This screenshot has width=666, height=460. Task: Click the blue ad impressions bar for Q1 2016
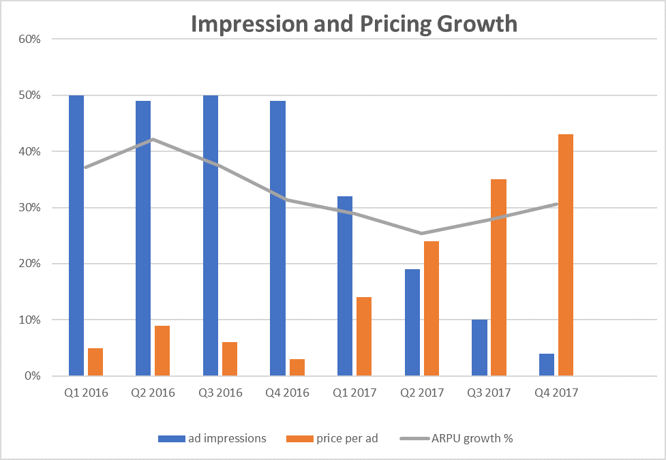click(76, 235)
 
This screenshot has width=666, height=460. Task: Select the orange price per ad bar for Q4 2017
click(564, 256)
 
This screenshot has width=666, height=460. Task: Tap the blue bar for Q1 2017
click(345, 286)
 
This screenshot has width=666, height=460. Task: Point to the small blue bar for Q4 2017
click(547, 365)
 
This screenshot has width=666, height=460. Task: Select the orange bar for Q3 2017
click(498, 277)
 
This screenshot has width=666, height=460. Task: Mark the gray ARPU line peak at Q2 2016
click(153, 139)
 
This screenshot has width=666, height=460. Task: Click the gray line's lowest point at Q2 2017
click(422, 233)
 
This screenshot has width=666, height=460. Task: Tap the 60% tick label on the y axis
click(30, 39)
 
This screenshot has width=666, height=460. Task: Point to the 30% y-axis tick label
click(30, 208)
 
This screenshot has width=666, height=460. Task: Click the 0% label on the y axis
click(33, 376)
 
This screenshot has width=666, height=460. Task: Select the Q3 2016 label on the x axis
click(220, 393)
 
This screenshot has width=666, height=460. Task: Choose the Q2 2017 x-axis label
click(422, 393)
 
